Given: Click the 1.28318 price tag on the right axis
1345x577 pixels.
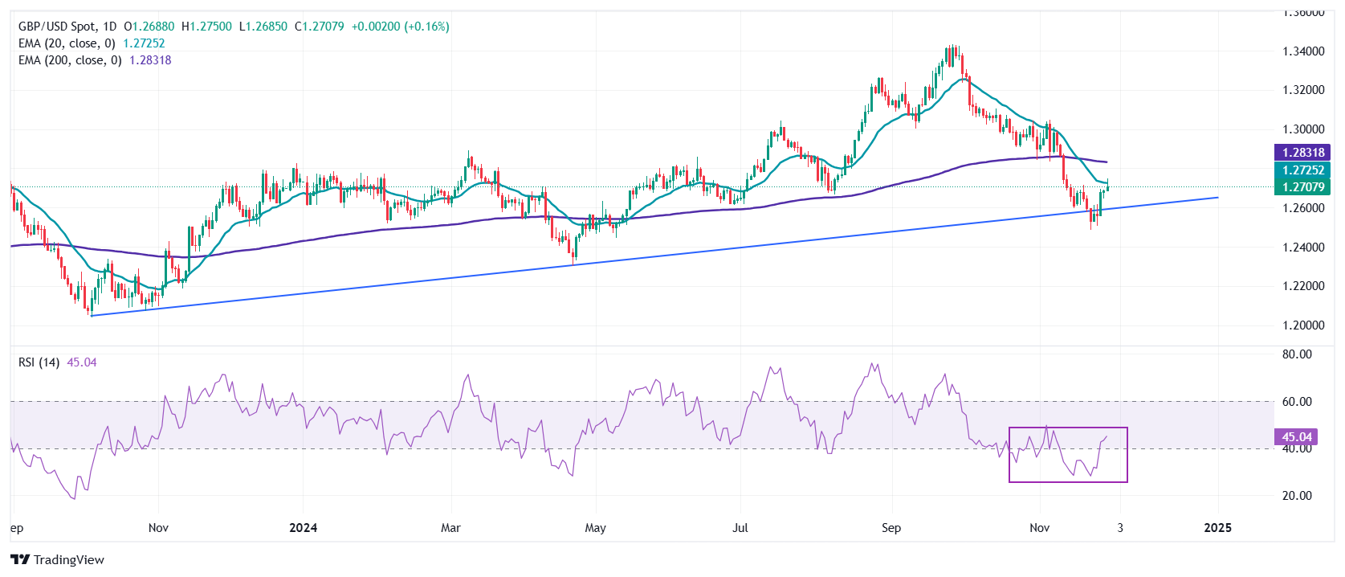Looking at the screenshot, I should pyautogui.click(x=1302, y=153).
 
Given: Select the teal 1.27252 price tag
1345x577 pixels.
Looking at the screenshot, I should pyautogui.click(x=1302, y=170).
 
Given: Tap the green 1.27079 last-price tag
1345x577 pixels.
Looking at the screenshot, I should pyautogui.click(x=1302, y=187).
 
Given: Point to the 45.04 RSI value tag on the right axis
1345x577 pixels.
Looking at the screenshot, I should pyautogui.click(x=1296, y=437).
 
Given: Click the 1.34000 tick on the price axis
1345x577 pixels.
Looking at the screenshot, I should pyautogui.click(x=1302, y=51).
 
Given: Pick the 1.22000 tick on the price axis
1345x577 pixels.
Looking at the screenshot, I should pyautogui.click(x=1302, y=286).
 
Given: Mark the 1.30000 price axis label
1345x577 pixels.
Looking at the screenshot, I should pyautogui.click(x=1302, y=129).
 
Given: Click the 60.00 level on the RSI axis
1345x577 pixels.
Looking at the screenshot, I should pyautogui.click(x=1297, y=402).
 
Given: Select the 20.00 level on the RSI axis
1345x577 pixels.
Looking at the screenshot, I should pyautogui.click(x=1297, y=496).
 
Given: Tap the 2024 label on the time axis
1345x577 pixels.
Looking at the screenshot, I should pyautogui.click(x=303, y=528).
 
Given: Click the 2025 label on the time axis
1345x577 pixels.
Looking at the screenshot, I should pyautogui.click(x=1218, y=528).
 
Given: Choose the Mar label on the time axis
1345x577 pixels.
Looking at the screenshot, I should pyautogui.click(x=450, y=528).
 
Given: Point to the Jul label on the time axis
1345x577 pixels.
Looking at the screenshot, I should pyautogui.click(x=740, y=528).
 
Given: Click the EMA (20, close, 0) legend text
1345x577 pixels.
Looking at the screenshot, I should pyautogui.click(x=67, y=43).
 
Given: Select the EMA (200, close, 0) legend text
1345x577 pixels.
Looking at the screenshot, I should pyautogui.click(x=70, y=60).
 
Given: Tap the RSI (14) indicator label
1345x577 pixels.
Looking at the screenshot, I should pyautogui.click(x=39, y=362).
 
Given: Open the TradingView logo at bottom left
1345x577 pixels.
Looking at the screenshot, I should pyautogui.click(x=58, y=560).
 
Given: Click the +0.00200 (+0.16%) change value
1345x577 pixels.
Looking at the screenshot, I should pyautogui.click(x=400, y=27).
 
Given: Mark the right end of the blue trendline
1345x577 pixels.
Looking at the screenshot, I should pyautogui.click(x=1218, y=197).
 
